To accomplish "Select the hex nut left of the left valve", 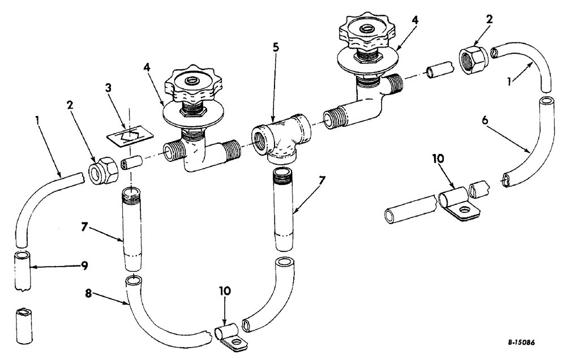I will (104, 168).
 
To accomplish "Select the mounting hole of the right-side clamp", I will (465, 211).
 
